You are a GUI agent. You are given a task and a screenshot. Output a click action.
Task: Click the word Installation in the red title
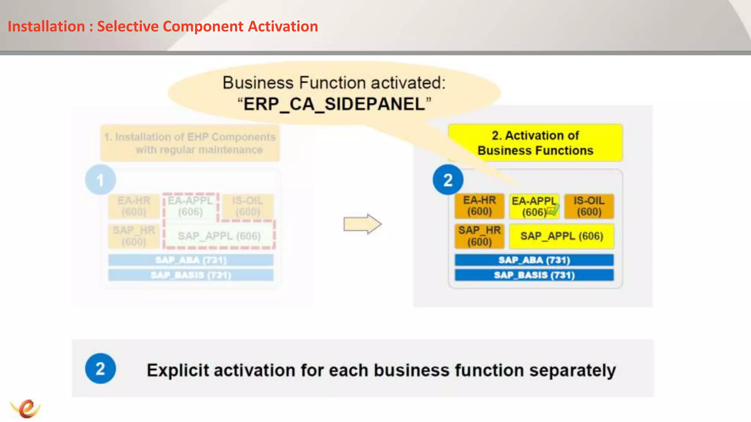46,26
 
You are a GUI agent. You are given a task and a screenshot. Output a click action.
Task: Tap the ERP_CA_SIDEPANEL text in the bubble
334,104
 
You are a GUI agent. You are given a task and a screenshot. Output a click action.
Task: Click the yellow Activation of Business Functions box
535,143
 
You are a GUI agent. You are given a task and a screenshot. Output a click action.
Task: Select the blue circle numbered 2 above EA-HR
448,180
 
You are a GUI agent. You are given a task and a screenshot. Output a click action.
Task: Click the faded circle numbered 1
100,180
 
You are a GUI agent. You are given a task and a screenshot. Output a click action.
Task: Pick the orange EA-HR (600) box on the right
479,206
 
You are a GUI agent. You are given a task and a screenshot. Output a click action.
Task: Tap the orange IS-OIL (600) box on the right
589,206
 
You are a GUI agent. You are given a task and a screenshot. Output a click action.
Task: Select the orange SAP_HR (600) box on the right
479,236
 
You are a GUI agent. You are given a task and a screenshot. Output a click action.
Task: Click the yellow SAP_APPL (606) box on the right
561,236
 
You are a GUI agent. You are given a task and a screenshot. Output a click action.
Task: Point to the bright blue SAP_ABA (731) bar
534,260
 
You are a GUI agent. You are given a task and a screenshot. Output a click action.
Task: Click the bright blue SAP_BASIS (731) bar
534,275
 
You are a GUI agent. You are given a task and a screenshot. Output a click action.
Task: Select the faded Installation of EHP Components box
190,143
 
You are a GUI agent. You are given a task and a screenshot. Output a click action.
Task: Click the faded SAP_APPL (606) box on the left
219,236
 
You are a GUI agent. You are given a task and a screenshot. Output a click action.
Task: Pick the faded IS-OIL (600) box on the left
248,206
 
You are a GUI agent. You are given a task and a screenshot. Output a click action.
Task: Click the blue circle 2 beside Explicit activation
100,369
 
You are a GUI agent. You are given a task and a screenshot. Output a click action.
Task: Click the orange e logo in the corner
26,408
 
